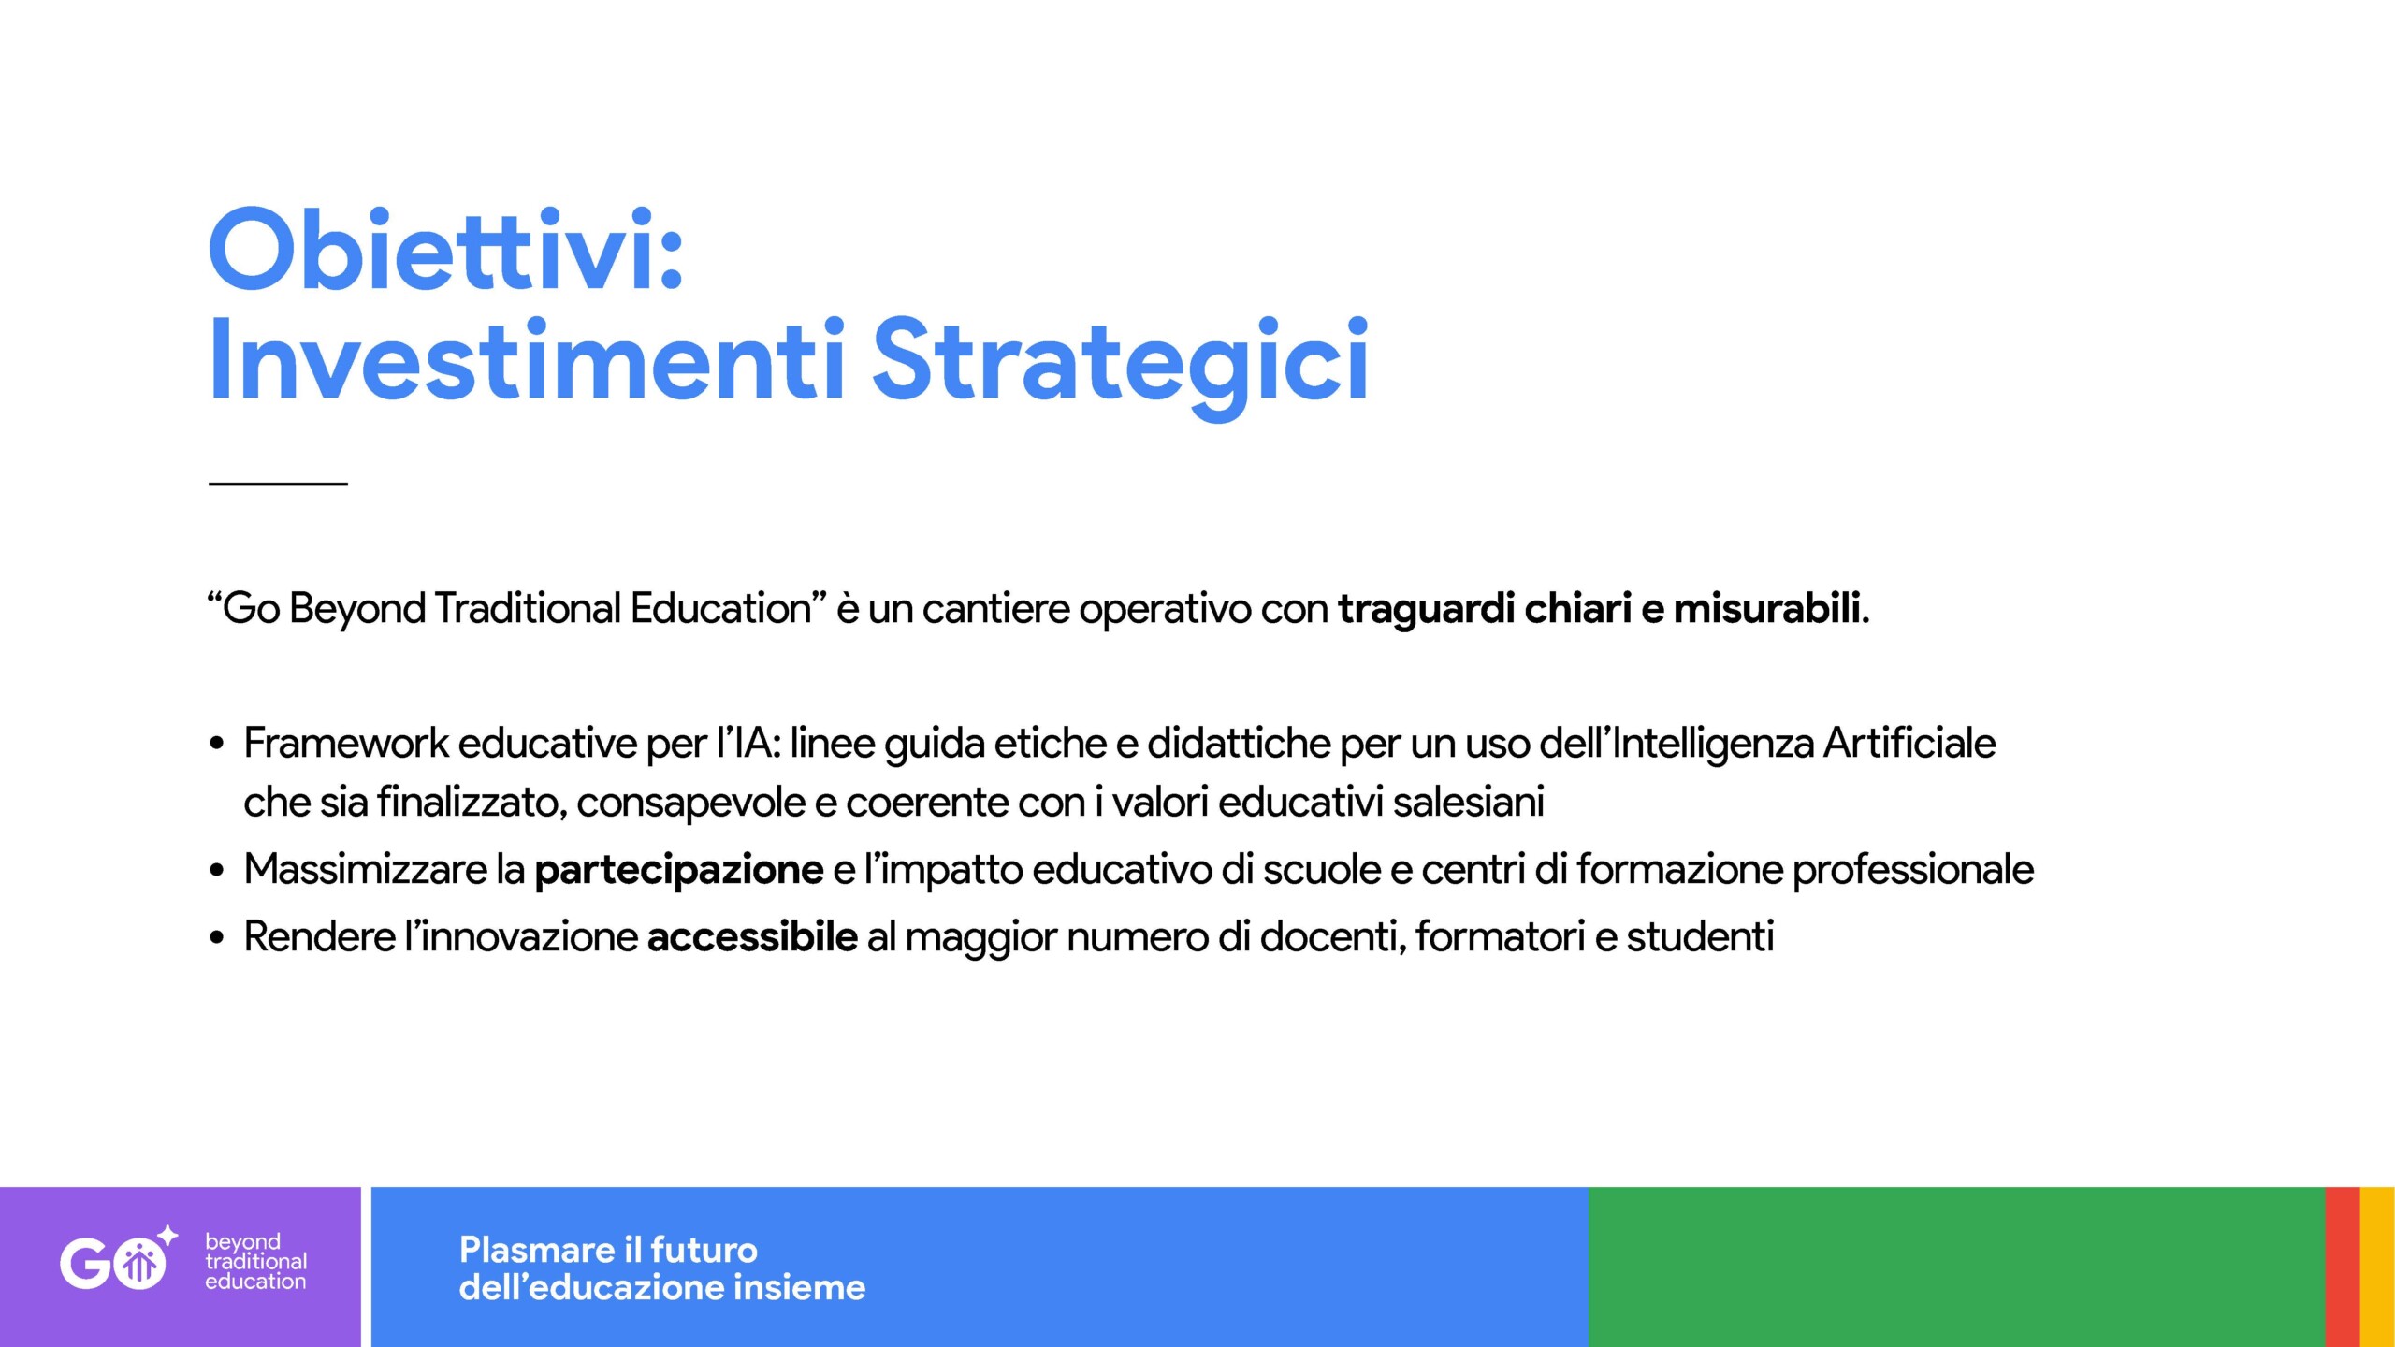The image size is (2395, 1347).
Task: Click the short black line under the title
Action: point(278,483)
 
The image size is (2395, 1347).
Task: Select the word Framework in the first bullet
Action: point(346,744)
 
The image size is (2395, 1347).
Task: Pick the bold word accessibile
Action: point(752,936)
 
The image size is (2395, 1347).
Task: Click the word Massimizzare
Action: point(366,869)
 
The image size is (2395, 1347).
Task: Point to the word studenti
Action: point(1700,936)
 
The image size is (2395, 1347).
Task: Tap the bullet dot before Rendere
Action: point(217,937)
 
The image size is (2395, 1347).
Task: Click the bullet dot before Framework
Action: point(217,745)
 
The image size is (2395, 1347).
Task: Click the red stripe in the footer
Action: point(2343,1267)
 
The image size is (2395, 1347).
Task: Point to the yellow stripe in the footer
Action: point(2377,1267)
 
